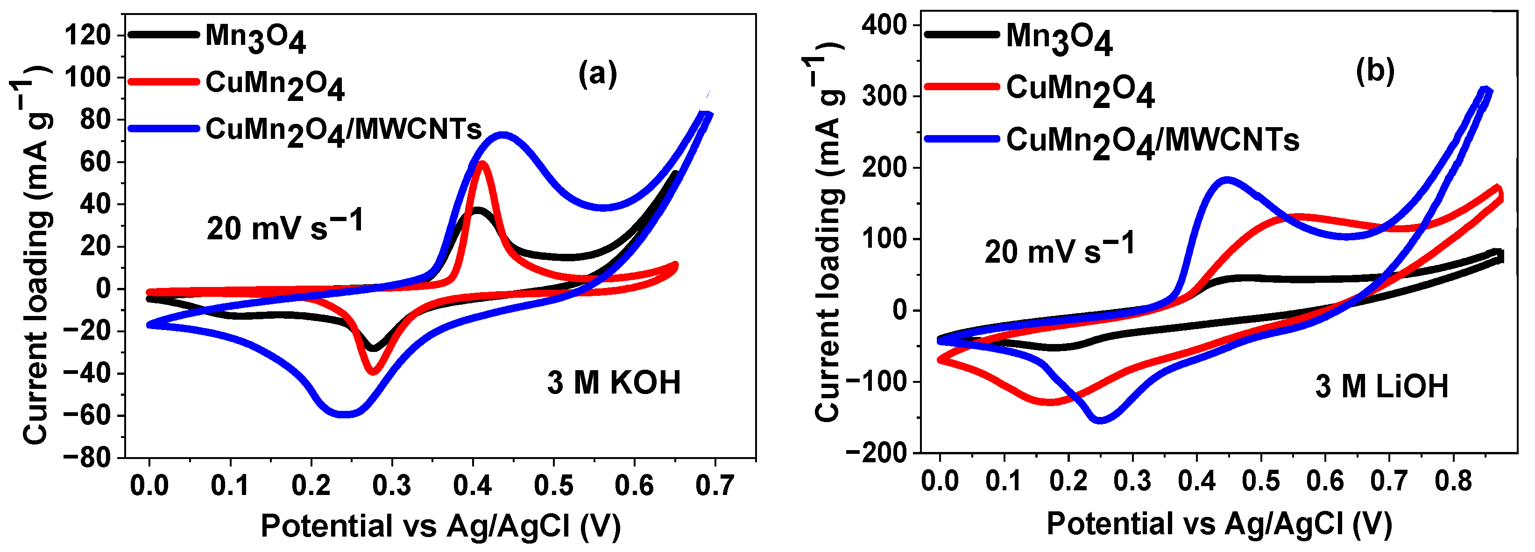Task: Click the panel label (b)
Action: (x=1375, y=72)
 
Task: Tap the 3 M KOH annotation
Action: (x=614, y=382)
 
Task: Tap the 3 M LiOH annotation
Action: (x=1381, y=386)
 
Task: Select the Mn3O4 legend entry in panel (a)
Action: (x=255, y=37)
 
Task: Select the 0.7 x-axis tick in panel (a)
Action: (x=714, y=486)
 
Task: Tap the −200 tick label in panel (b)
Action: (x=876, y=453)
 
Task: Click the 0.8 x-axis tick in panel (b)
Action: (x=1453, y=480)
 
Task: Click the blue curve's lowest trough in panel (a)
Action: (x=344, y=414)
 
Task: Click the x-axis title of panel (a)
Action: (x=440, y=526)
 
